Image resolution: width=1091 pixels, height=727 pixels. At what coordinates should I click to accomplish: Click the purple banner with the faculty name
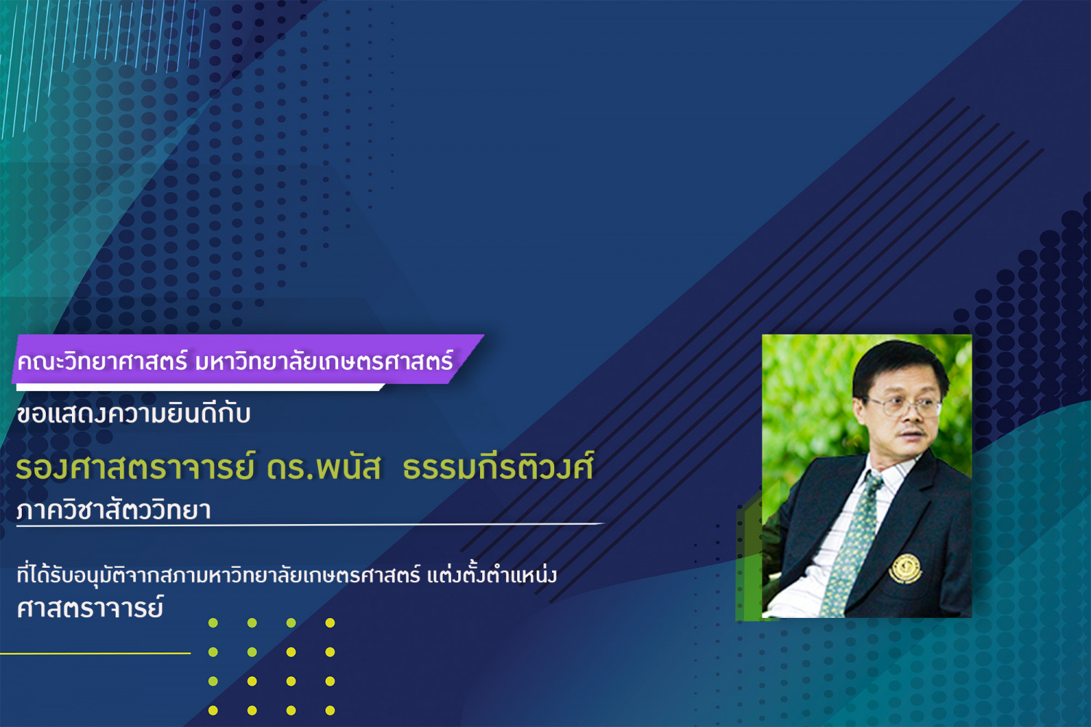pos(247,359)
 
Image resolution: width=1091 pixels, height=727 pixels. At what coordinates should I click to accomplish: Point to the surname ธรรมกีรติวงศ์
pos(498,465)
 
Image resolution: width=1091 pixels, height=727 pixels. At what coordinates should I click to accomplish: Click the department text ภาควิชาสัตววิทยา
pos(113,509)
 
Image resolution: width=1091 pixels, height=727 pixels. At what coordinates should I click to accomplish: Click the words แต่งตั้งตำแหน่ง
pos(492,574)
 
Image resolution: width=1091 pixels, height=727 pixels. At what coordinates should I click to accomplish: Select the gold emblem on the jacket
pos(906,569)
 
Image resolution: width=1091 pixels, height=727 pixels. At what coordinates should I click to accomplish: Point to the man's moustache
pos(912,431)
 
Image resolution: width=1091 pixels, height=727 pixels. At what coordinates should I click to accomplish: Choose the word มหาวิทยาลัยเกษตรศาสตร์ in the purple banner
pos(324,361)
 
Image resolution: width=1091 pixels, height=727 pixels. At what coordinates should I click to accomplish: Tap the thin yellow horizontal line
pos(95,653)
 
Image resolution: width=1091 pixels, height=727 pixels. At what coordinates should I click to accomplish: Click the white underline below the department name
pos(311,524)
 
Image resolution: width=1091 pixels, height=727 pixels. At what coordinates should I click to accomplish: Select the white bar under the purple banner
pos(200,387)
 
